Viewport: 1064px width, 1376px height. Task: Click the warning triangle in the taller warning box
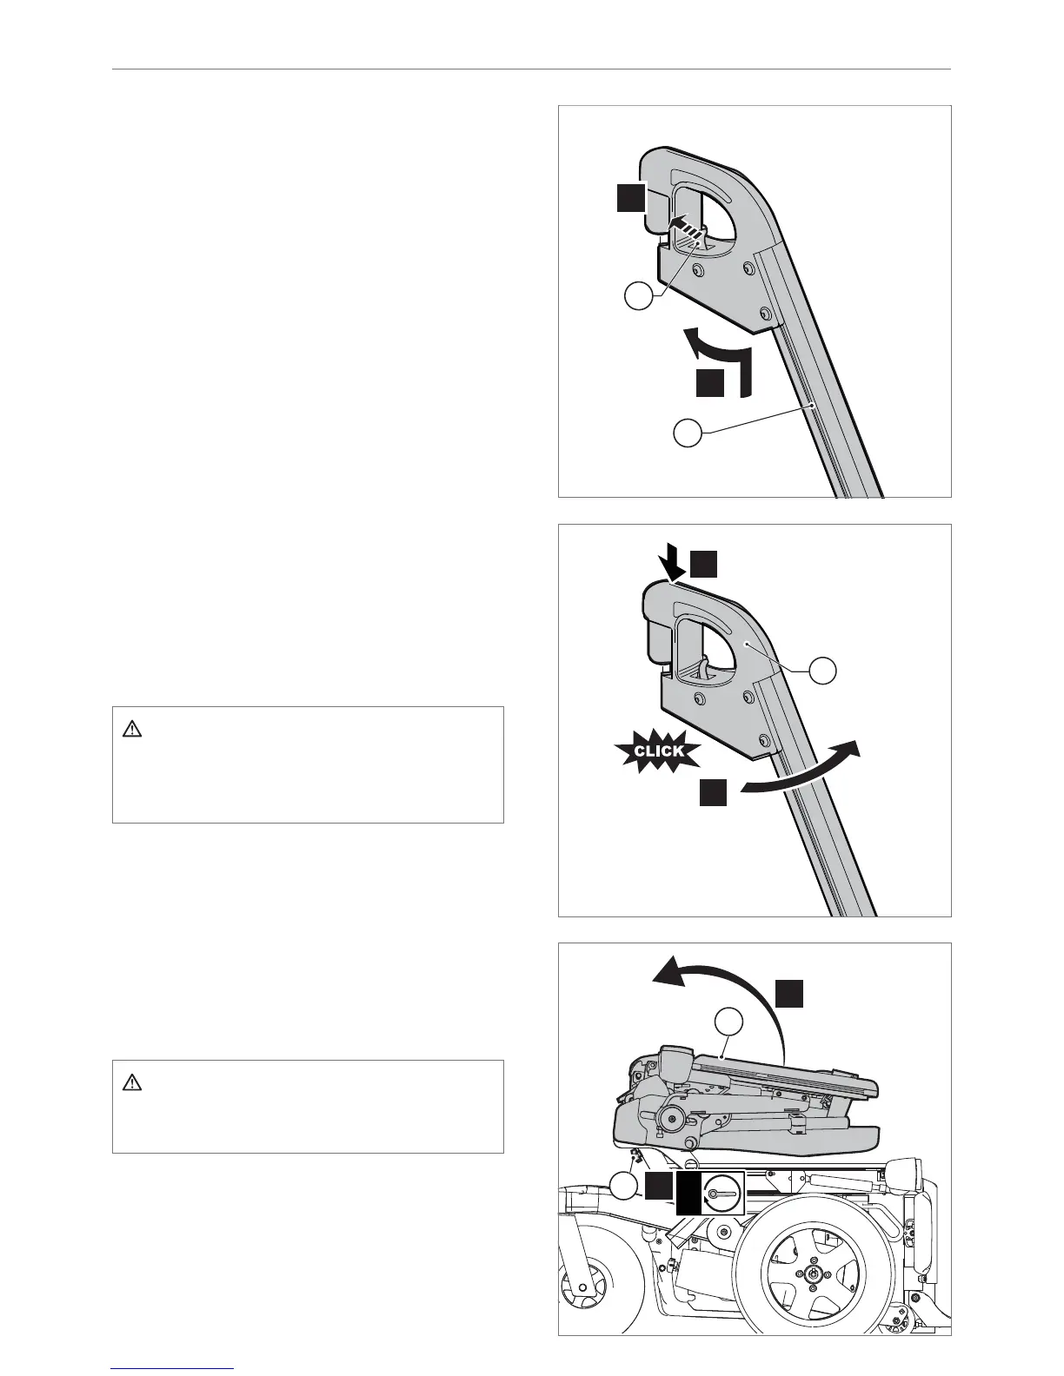pos(132,730)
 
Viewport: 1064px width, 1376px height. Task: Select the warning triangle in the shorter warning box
pos(132,1082)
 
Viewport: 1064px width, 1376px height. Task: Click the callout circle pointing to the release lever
pos(640,297)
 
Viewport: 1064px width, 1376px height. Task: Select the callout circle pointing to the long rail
pos(688,433)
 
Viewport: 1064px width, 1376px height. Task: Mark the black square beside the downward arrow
pos(705,565)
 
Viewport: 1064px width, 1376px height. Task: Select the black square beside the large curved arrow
pos(789,992)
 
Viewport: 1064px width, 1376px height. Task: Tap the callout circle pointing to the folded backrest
pos(730,1022)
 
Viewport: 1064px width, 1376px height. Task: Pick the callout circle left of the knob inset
pos(622,1187)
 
